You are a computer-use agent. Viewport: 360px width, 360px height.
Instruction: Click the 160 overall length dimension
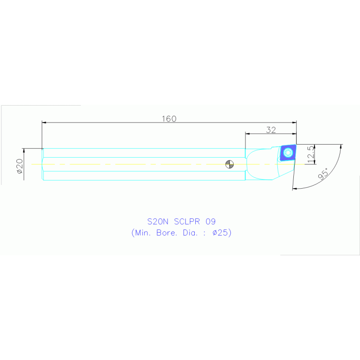169,119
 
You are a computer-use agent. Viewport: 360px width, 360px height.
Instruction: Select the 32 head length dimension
271,130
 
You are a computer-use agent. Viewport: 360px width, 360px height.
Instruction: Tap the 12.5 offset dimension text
310,154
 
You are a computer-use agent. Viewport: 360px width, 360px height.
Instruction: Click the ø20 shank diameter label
20,166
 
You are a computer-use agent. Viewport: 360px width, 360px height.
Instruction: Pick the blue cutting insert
288,153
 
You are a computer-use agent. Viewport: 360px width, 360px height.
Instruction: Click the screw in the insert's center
288,153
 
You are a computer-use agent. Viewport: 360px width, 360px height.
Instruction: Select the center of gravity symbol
230,164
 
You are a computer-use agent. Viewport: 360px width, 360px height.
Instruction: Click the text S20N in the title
158,222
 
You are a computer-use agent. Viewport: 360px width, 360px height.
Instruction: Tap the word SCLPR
187,222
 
